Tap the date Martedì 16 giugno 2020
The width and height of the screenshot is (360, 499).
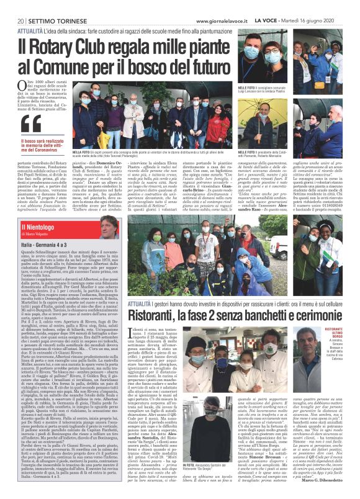317,20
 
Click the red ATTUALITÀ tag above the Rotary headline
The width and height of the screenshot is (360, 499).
29,31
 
